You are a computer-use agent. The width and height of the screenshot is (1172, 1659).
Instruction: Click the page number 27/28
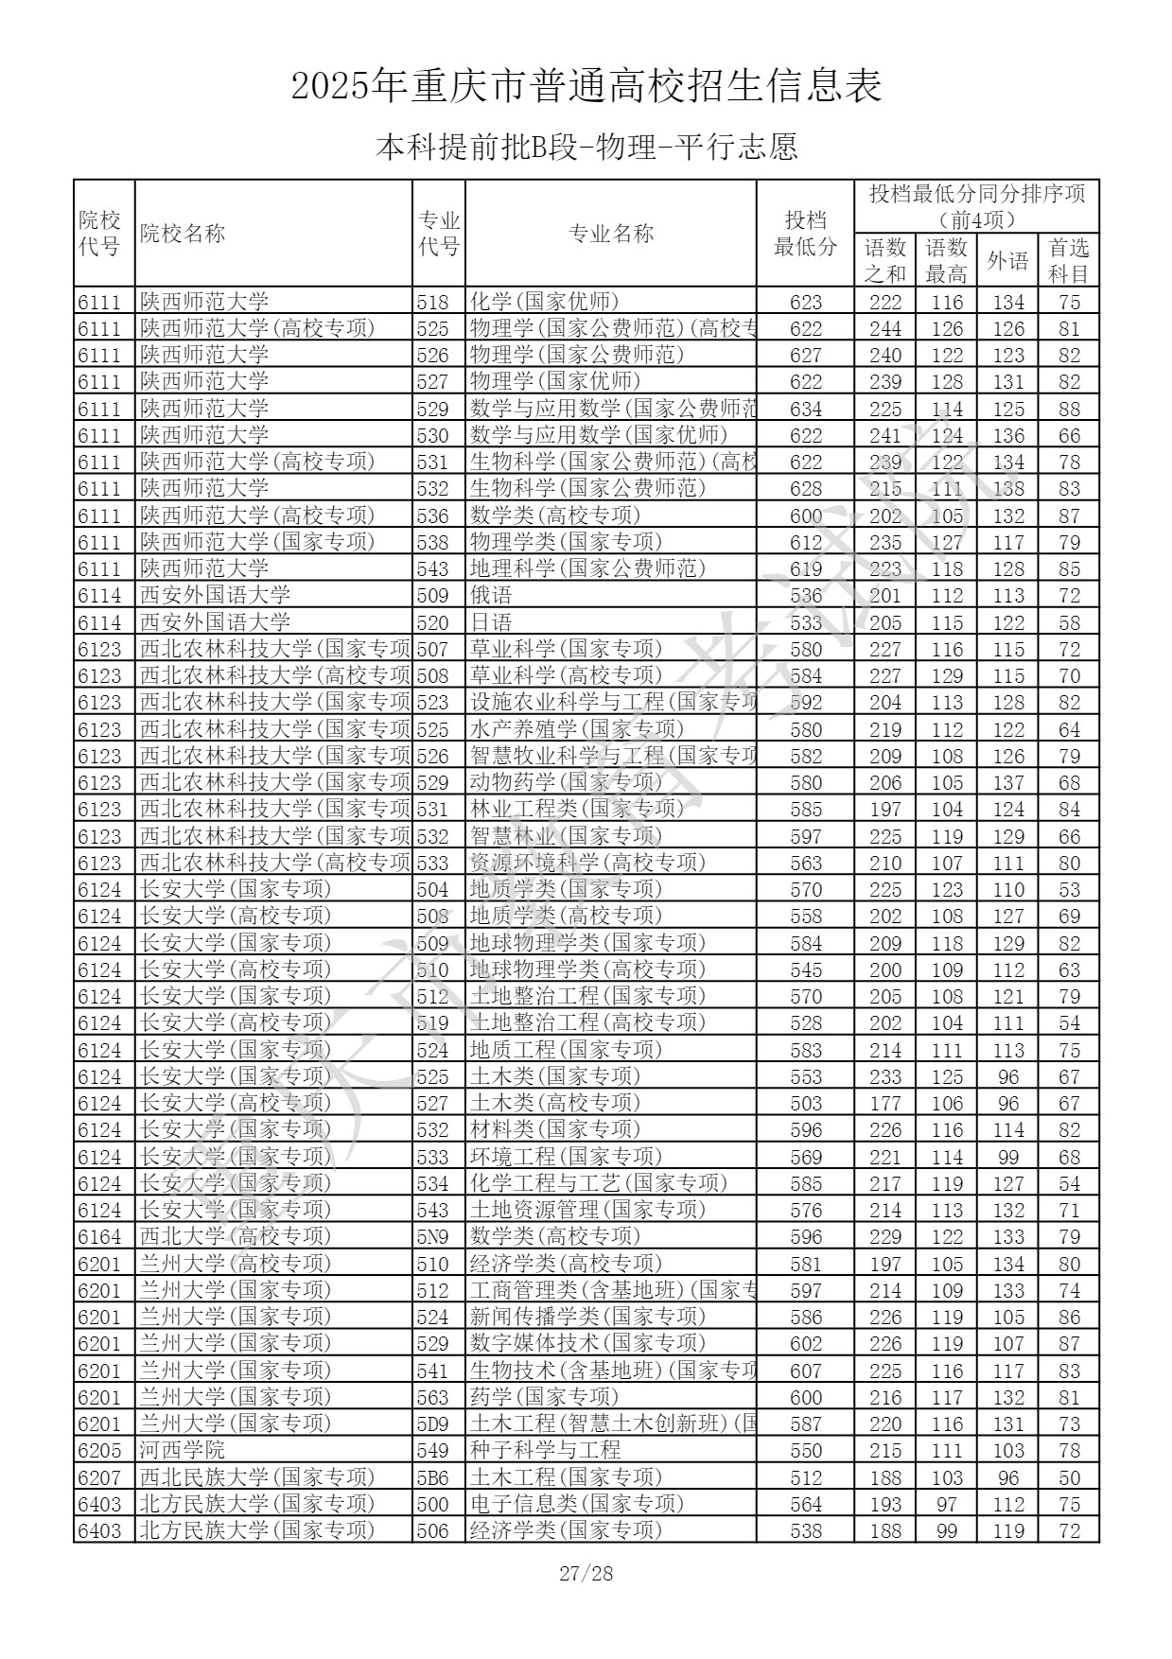586,1573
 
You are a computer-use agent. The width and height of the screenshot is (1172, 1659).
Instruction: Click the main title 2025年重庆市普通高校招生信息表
586,86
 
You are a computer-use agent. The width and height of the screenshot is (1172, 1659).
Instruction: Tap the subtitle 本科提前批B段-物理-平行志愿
586,147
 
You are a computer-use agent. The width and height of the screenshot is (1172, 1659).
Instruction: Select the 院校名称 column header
183,234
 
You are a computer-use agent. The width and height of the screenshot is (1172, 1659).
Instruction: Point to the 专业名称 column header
610,234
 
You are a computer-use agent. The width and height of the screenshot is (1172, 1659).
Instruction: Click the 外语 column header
1007,260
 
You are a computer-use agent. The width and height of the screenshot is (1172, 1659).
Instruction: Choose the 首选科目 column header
1069,260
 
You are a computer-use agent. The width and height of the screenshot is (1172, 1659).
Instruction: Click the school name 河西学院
183,1450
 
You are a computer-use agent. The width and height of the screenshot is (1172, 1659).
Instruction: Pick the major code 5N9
433,1236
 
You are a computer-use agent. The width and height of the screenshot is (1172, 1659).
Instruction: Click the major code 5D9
433,1423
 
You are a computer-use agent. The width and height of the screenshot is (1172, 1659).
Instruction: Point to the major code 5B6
433,1476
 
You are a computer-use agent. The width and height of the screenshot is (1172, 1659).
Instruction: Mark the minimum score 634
806,409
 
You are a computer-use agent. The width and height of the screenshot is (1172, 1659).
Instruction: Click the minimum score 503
806,1103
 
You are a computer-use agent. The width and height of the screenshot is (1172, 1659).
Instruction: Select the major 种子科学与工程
545,1450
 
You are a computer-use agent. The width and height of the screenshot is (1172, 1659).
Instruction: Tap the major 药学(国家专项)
544,1397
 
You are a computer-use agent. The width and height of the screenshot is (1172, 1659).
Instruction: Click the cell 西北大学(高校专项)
236,1236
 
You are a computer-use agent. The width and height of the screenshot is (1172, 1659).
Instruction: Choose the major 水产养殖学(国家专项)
576,729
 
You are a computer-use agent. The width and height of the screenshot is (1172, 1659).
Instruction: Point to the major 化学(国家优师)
544,302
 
